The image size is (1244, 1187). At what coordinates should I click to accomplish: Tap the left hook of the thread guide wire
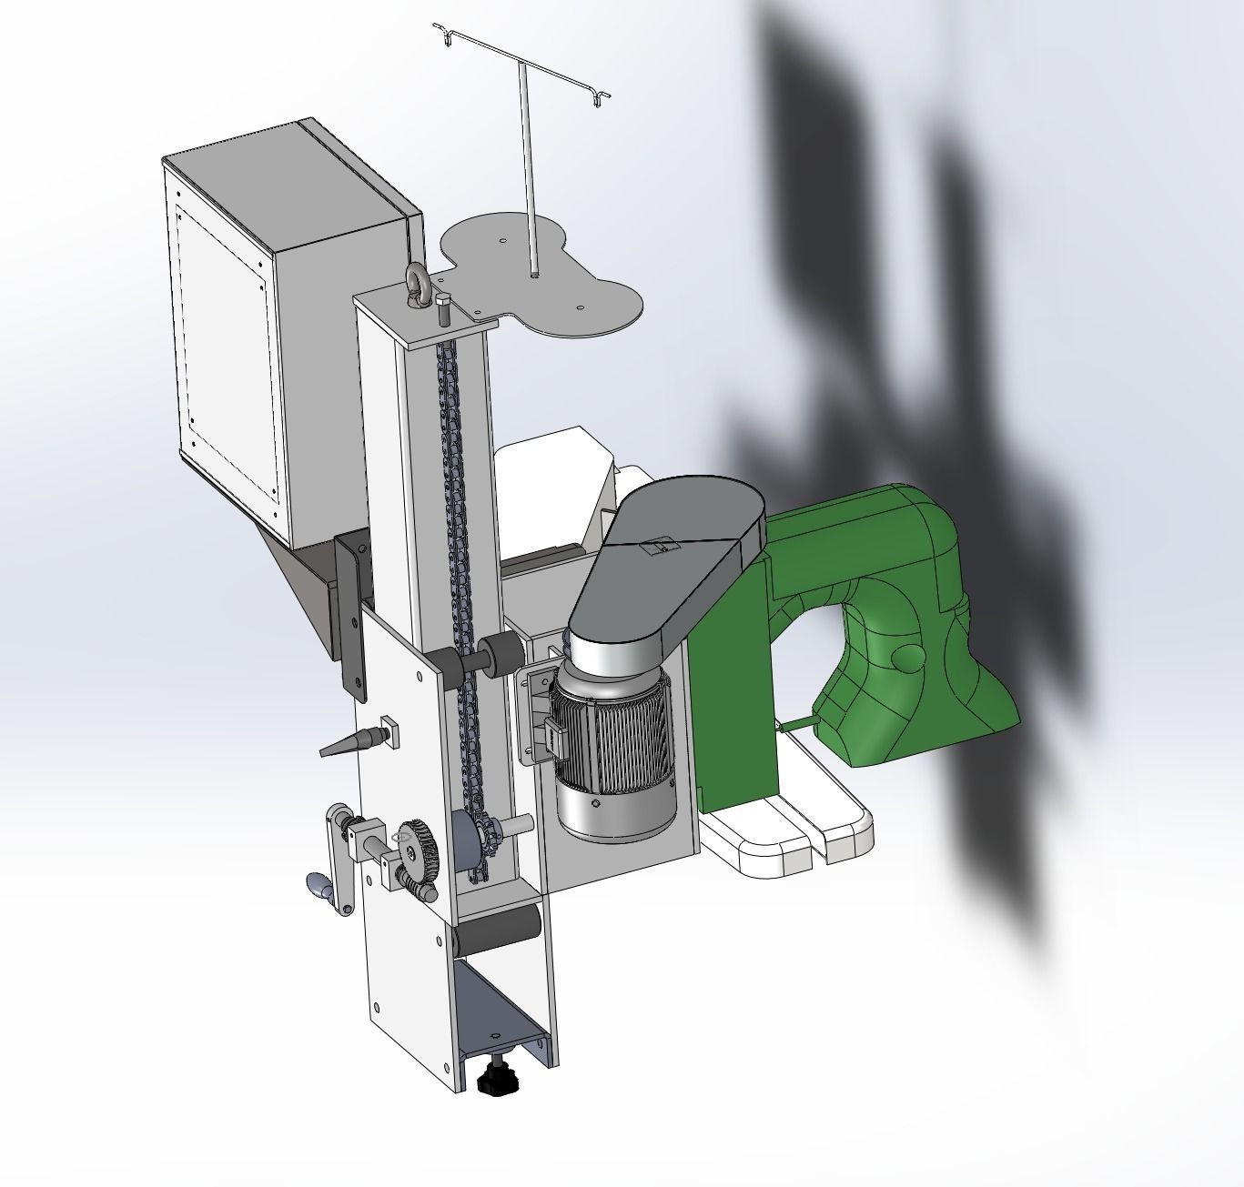pos(446,38)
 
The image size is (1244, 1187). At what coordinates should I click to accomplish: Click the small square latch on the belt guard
pos(662,548)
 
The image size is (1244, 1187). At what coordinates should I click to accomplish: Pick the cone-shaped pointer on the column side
pos(350,741)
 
